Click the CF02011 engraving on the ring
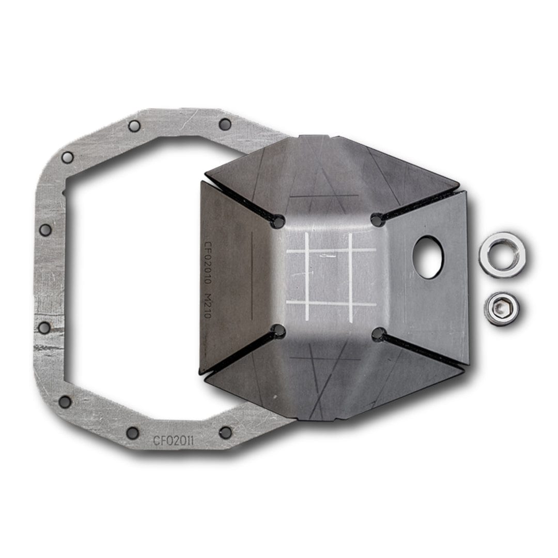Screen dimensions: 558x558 (174, 441)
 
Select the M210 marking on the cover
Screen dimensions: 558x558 (208, 305)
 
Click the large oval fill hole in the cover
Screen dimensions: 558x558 (428, 257)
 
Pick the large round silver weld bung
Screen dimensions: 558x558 (502, 254)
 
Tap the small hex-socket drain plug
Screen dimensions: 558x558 (502, 309)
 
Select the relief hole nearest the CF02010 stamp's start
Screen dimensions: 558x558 (278, 222)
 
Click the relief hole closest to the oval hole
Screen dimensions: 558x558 (378, 221)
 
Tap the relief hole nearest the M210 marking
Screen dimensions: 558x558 (278, 331)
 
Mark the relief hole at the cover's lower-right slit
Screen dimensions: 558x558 (379, 334)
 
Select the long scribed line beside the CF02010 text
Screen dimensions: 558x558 (252, 275)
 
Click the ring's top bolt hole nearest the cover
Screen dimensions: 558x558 (225, 124)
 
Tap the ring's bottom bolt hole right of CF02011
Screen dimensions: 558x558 (225, 432)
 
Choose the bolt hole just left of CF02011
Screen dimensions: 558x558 (133, 433)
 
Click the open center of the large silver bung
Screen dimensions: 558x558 (502, 254)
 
